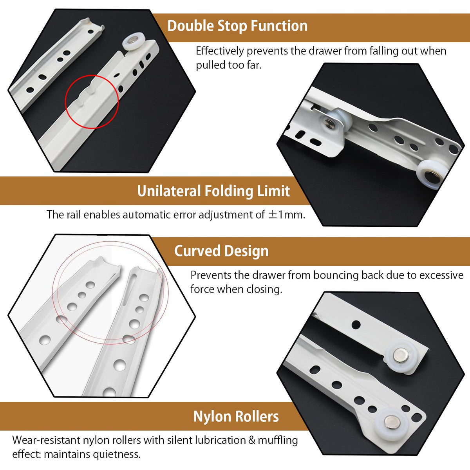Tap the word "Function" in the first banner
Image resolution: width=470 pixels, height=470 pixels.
279,26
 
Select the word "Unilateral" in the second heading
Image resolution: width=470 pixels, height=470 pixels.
169,191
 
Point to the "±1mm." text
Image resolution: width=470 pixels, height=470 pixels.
287,215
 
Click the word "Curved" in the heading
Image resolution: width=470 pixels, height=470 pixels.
197,251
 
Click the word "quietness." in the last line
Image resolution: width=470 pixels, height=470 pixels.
116,454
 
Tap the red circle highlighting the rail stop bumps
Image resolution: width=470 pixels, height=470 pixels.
92,75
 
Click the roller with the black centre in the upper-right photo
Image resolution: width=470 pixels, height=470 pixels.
430,174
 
